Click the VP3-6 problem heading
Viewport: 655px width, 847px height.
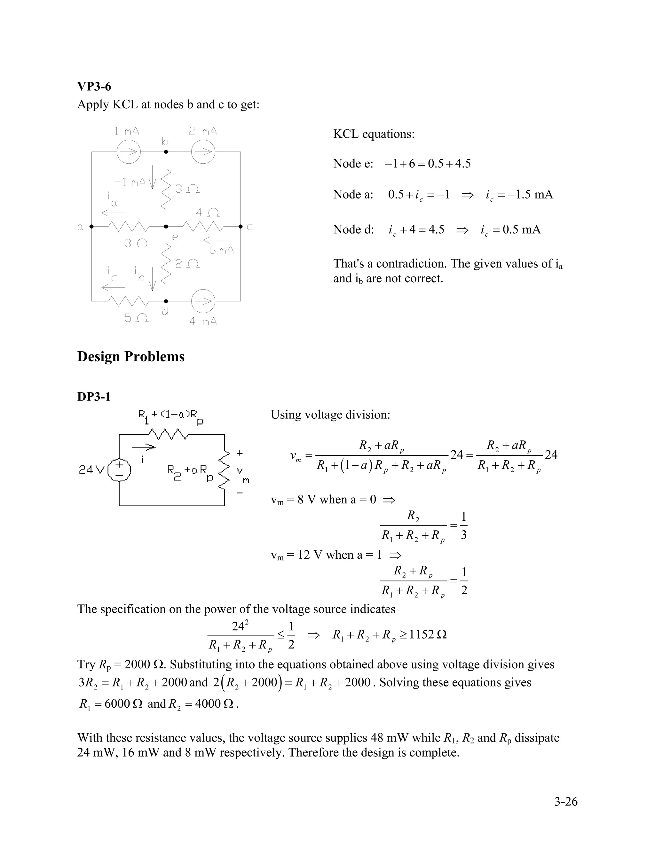point(94,87)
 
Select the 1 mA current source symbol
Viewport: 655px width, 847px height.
point(129,152)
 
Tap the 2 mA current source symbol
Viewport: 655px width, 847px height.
point(203,152)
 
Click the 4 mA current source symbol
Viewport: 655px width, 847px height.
point(203,301)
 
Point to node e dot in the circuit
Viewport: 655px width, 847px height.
point(166,227)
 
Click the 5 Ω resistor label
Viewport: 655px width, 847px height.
point(136,318)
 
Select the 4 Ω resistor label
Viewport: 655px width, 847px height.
point(208,213)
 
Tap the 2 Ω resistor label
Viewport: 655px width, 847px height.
point(187,264)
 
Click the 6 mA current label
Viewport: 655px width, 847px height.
point(221,251)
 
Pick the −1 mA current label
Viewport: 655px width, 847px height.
point(130,182)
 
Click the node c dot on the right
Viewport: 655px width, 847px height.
point(241,227)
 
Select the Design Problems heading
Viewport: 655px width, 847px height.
point(131,356)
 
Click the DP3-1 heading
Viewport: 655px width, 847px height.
point(94,397)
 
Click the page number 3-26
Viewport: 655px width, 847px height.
point(566,802)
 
